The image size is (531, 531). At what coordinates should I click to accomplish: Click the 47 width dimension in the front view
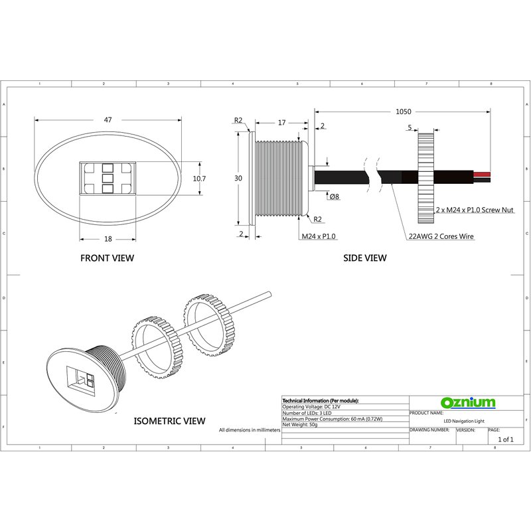[108, 120]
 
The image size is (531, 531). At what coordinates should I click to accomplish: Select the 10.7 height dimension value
[199, 179]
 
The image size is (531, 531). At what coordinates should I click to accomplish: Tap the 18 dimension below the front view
[108, 239]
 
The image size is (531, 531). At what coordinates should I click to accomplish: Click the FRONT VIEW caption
[107, 258]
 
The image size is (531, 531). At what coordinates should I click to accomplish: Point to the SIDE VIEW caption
[364, 258]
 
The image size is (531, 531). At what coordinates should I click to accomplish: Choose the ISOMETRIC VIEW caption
[169, 421]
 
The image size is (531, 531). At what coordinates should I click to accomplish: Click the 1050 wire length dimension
[404, 112]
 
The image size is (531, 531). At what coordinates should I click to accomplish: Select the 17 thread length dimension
[281, 123]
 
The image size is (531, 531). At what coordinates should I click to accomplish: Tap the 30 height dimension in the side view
[238, 179]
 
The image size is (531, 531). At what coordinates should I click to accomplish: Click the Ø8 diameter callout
[335, 196]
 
